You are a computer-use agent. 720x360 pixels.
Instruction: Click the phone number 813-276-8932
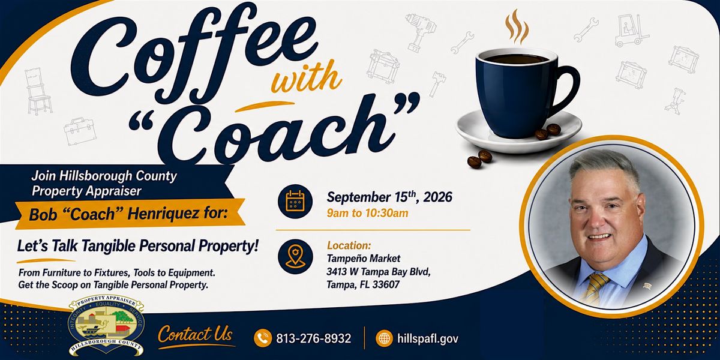coord(313,338)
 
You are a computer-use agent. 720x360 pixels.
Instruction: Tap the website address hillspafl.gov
coord(427,338)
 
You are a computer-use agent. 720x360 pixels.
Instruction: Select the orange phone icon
coord(263,338)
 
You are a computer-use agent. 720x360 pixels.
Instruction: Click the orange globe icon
coord(384,338)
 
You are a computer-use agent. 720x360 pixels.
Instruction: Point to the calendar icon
coord(295,202)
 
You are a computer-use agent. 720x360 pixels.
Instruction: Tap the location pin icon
coord(295,257)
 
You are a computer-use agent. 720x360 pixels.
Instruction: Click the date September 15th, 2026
coord(389,197)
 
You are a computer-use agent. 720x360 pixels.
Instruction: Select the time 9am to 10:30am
coord(367,213)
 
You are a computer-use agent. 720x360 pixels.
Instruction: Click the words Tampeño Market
coord(364,259)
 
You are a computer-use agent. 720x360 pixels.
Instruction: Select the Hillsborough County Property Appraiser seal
coord(106,326)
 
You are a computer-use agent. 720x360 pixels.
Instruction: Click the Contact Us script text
coord(195,334)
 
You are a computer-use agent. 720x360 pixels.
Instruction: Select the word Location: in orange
coord(349,245)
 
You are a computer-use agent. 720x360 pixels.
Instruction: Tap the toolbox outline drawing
coord(79,131)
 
